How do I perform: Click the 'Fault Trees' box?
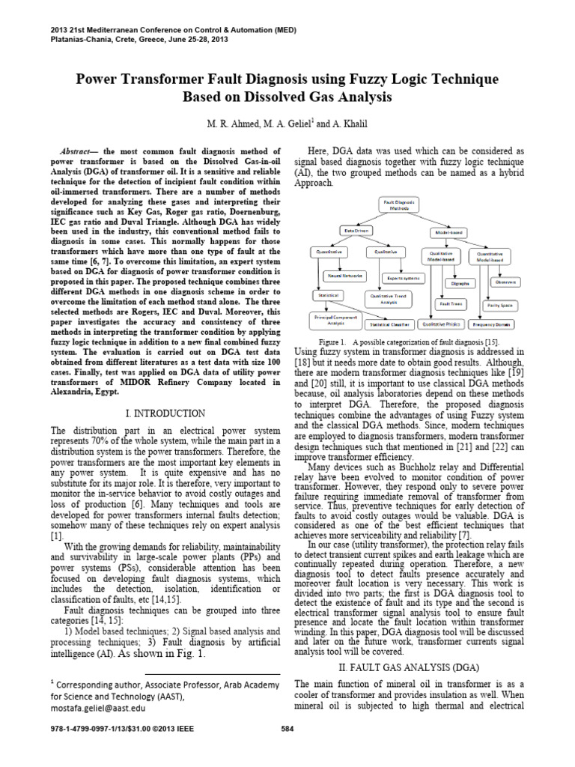(x=450, y=304)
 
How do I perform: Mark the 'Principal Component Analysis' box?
(x=336, y=320)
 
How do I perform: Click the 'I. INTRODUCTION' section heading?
(x=165, y=413)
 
